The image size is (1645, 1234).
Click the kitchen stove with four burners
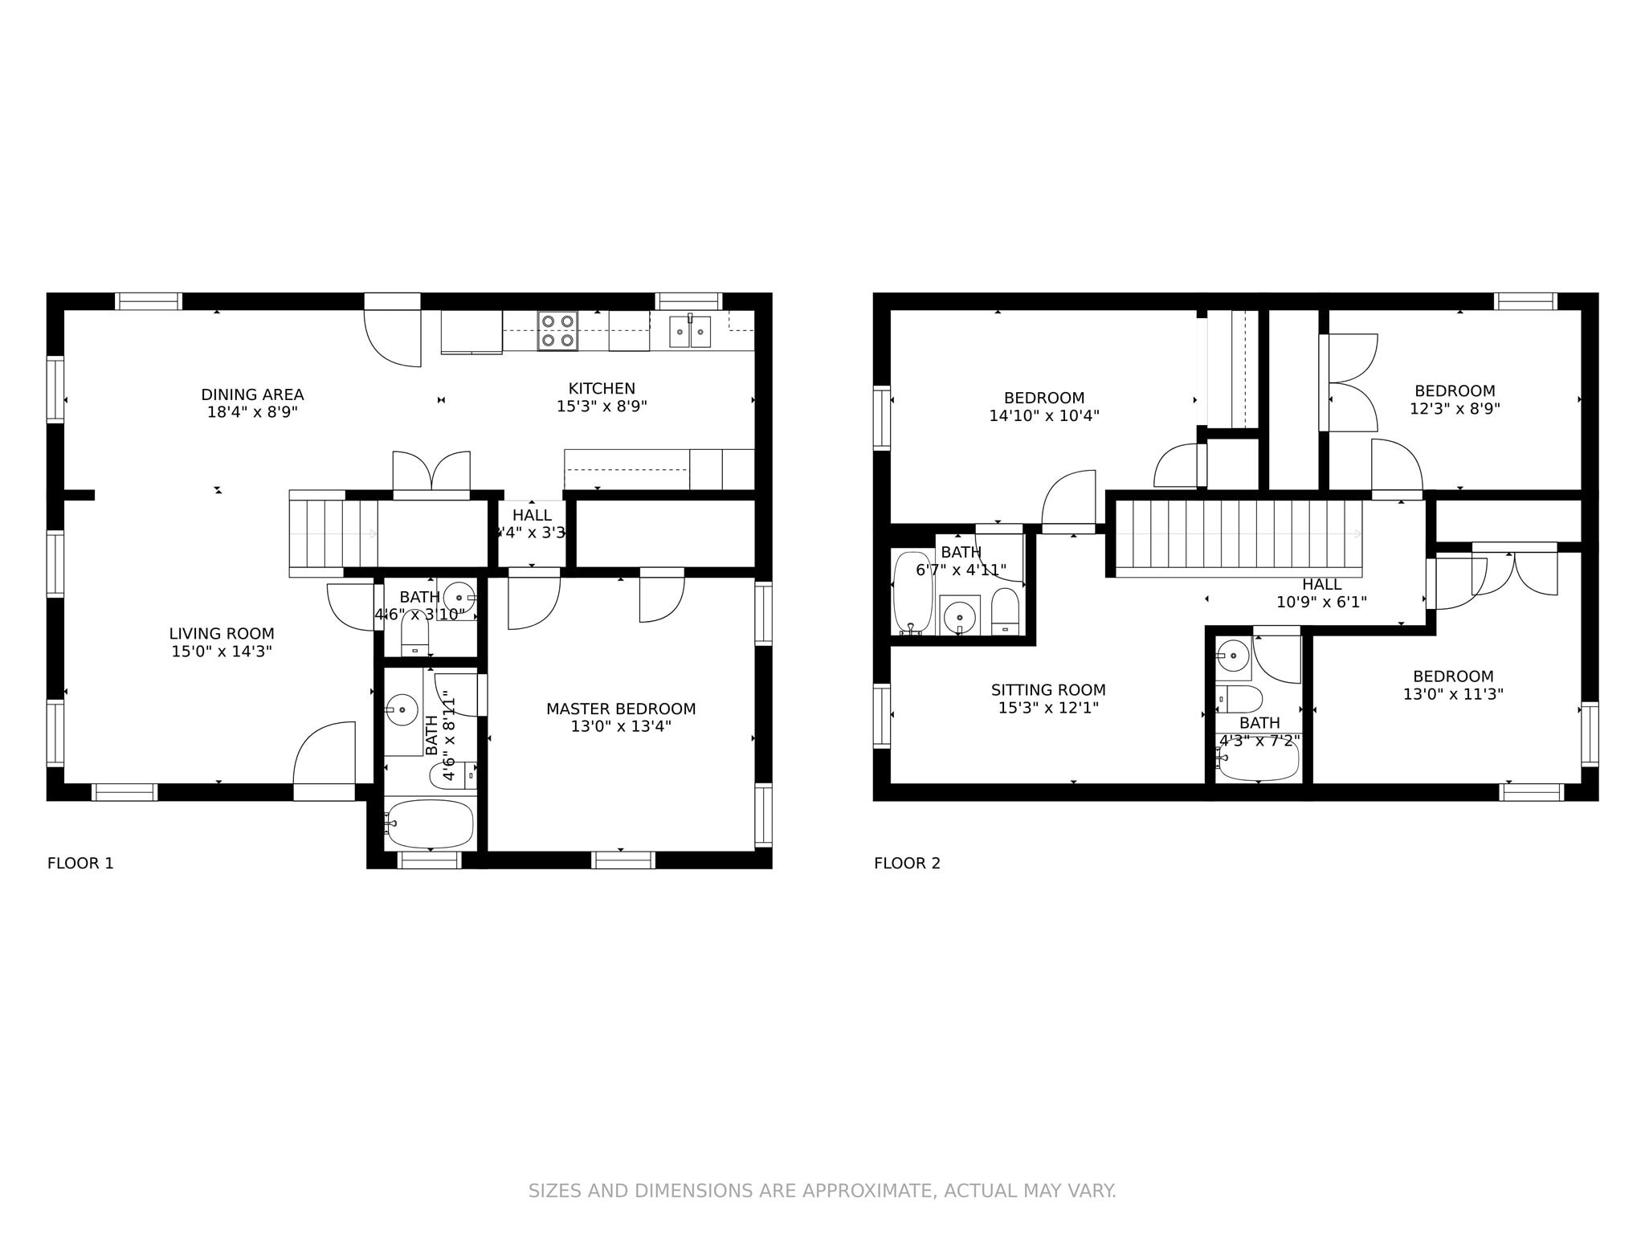(x=557, y=331)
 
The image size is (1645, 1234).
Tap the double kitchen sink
(x=690, y=332)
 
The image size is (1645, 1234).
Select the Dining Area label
(x=252, y=394)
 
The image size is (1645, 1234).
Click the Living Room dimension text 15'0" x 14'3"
(x=222, y=652)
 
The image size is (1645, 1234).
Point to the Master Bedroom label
(x=621, y=709)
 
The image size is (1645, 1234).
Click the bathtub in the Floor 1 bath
(x=430, y=823)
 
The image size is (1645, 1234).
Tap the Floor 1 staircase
(x=333, y=533)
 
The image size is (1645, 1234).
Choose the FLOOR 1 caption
(x=80, y=863)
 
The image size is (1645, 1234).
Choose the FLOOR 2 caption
(x=907, y=863)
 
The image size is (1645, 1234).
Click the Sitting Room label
(x=1048, y=689)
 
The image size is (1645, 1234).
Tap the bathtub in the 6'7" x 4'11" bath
(x=912, y=591)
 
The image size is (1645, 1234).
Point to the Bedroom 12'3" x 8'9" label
(x=1455, y=391)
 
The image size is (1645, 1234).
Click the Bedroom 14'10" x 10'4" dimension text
(x=1044, y=416)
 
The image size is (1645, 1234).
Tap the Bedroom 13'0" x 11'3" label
(x=1453, y=676)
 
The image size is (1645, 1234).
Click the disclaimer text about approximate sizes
(x=822, y=1191)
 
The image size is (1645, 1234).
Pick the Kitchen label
(x=602, y=388)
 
